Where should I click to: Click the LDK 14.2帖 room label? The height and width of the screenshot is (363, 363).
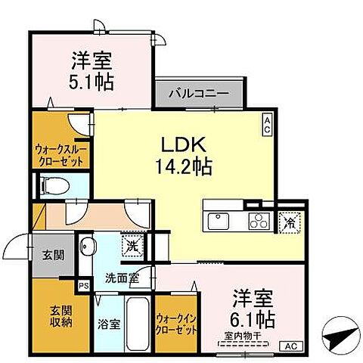tap(184, 154)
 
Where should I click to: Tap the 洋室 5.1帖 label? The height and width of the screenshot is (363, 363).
tap(93, 69)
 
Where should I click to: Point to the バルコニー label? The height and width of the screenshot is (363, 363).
tap(202, 94)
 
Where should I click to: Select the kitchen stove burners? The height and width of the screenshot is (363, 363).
tap(258, 220)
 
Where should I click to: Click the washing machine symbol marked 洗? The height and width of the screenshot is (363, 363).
tap(132, 245)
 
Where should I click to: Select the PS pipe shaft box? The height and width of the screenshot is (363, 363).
tap(83, 286)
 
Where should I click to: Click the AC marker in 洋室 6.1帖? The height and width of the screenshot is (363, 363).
tap(290, 346)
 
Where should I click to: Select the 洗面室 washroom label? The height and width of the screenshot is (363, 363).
tap(121, 278)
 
